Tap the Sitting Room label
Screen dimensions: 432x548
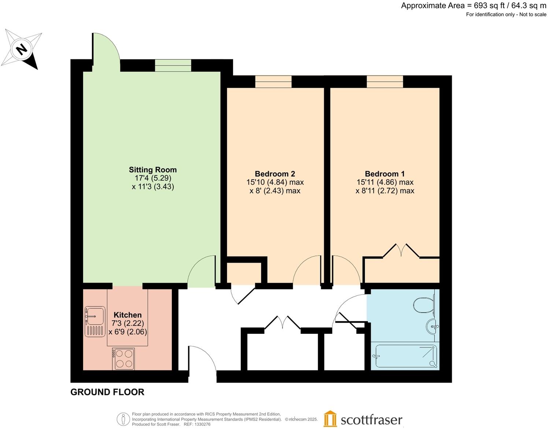pos(153,170)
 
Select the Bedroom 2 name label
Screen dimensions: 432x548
pos(275,174)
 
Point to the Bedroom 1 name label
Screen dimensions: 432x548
pos(385,174)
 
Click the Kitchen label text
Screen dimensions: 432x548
pos(127,315)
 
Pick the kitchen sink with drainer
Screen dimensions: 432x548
pos(95,322)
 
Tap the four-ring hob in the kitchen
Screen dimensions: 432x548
pos(124,359)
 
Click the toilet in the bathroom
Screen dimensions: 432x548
pos(424,304)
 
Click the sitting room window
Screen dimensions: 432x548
pos(173,65)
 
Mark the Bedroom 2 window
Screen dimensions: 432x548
pos(273,81)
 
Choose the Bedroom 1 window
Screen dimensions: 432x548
pos(385,81)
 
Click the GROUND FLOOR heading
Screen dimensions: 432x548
pos(107,392)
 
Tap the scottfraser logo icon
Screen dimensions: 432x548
pos(330,419)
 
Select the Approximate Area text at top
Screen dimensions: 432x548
pos(473,6)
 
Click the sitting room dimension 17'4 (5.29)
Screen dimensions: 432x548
pos(153,178)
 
